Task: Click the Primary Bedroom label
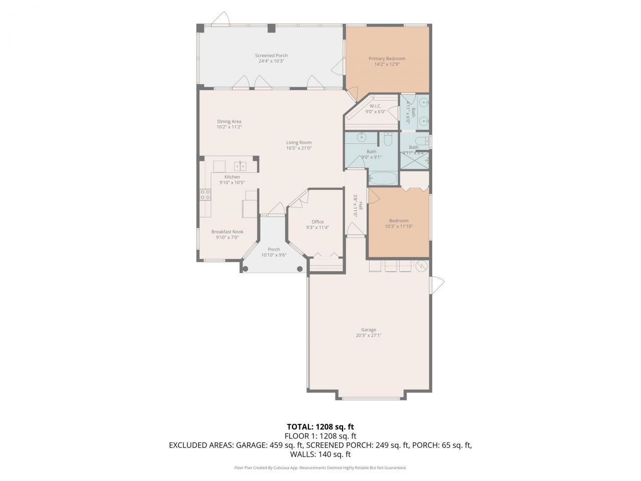pyautogui.click(x=387, y=59)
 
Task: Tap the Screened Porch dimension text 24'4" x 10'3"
pyautogui.click(x=271, y=61)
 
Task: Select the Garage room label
pyautogui.click(x=369, y=330)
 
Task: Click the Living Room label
pyautogui.click(x=298, y=142)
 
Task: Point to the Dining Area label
pyautogui.click(x=229, y=121)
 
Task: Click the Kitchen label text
pyautogui.click(x=232, y=177)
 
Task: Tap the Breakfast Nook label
pyautogui.click(x=227, y=231)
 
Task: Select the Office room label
pyautogui.click(x=317, y=221)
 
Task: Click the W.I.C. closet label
pyautogui.click(x=376, y=106)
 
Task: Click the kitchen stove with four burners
pyautogui.click(x=205, y=194)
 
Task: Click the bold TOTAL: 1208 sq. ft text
pyautogui.click(x=320, y=427)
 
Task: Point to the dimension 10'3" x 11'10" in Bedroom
pyautogui.click(x=399, y=226)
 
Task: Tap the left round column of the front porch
pyautogui.click(x=245, y=269)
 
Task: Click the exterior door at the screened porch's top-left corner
pyautogui.click(x=219, y=19)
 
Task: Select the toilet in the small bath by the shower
pyautogui.click(x=422, y=140)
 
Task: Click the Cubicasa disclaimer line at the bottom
pyautogui.click(x=320, y=467)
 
